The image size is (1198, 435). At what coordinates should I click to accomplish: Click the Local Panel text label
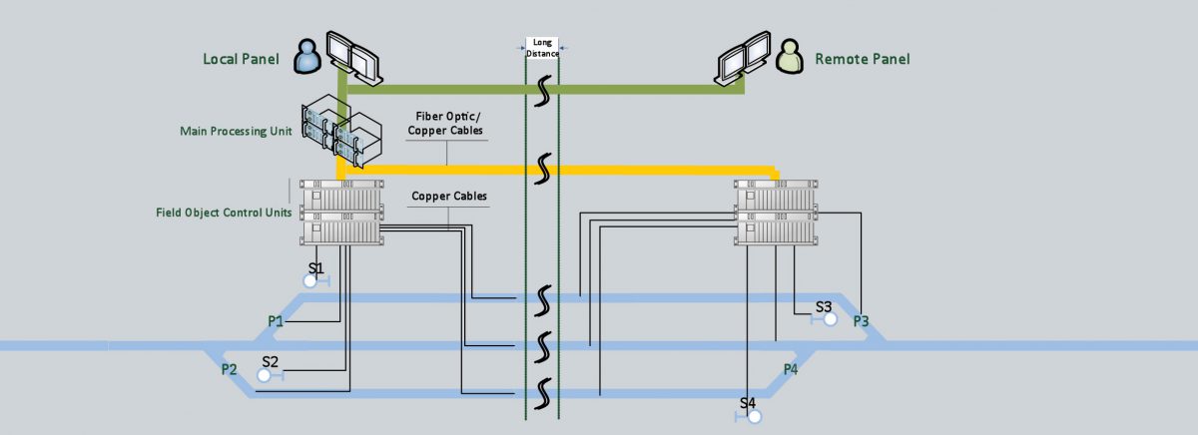pyautogui.click(x=240, y=59)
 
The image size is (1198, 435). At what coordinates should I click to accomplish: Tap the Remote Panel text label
pyautogui.click(x=862, y=59)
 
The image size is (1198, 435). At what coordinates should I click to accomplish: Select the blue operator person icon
pyautogui.click(x=305, y=56)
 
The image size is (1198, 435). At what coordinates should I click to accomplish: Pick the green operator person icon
pyautogui.click(x=791, y=56)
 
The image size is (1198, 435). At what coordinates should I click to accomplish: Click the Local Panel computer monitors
pyautogui.click(x=354, y=55)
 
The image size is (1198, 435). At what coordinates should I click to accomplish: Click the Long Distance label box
pyautogui.click(x=543, y=48)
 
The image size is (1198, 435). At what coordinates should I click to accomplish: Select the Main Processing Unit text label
pyautogui.click(x=236, y=131)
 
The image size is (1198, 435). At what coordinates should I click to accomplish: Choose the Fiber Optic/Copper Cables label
pyautogui.click(x=446, y=124)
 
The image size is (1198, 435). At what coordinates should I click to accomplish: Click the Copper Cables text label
pyautogui.click(x=449, y=197)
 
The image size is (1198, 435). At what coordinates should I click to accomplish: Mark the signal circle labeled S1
pyautogui.click(x=310, y=281)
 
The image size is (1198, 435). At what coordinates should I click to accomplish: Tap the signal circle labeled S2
pyautogui.click(x=265, y=375)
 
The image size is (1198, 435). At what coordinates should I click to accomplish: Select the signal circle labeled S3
pyautogui.click(x=830, y=319)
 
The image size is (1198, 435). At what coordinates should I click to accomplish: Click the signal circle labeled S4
pyautogui.click(x=755, y=416)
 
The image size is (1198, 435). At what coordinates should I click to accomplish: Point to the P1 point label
pyautogui.click(x=276, y=321)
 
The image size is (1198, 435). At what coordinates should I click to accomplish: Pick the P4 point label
pyautogui.click(x=790, y=369)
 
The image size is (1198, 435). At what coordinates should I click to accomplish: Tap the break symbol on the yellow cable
pyautogui.click(x=543, y=169)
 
